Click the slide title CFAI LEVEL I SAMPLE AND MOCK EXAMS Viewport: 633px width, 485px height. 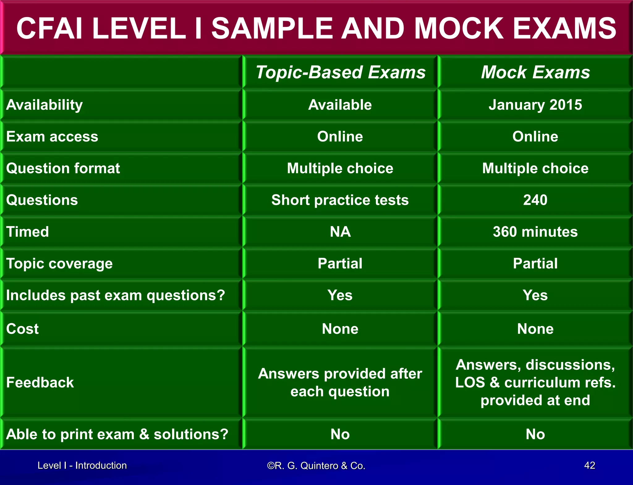[x=316, y=28]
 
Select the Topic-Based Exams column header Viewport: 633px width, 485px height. [x=340, y=72]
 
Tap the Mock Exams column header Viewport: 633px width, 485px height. [x=535, y=72]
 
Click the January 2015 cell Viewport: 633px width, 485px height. [x=535, y=105]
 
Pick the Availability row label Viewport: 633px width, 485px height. [x=45, y=105]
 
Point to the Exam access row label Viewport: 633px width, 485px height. [x=52, y=137]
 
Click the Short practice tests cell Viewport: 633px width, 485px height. [x=340, y=200]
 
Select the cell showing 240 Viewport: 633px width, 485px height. [x=535, y=200]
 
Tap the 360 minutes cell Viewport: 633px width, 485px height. [x=535, y=232]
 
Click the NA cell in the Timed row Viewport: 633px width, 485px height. [x=340, y=232]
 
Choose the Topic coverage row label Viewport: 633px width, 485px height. [x=59, y=264]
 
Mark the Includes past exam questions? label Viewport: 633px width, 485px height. [x=116, y=295]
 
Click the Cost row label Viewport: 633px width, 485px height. [x=23, y=329]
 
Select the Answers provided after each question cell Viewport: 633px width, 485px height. [x=340, y=382]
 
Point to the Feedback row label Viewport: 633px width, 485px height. [x=40, y=382]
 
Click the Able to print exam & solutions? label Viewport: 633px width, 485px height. [x=117, y=434]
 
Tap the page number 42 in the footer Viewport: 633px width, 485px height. [x=590, y=465]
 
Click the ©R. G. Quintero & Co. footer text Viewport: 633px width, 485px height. [x=316, y=466]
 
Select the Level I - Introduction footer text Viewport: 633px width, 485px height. [x=82, y=466]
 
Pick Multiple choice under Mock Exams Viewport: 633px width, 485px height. [x=535, y=168]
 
